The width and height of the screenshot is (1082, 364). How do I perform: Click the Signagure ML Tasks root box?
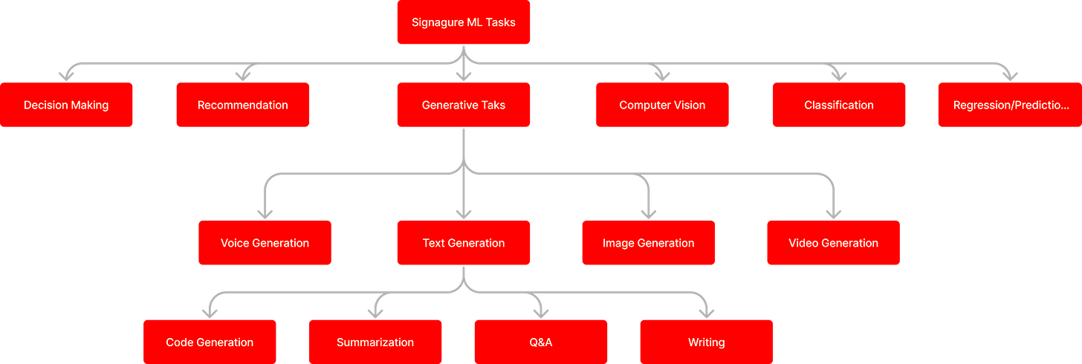coord(463,22)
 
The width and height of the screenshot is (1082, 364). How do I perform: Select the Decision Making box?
coord(66,105)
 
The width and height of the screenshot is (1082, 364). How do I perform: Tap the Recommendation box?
coord(242,105)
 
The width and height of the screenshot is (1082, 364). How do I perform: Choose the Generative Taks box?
coord(463,105)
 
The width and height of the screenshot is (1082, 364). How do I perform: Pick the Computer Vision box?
coord(662,105)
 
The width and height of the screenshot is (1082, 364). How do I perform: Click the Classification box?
coord(838,105)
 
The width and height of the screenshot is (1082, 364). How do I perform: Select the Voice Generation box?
coord(265,243)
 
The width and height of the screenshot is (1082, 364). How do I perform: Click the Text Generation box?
coord(463,243)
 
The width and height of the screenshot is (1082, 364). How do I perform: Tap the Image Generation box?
coord(648,243)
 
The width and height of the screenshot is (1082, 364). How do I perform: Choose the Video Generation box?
coord(833,243)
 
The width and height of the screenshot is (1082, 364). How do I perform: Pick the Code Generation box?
coord(210,342)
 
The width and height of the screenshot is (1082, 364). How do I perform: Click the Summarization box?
coord(375,342)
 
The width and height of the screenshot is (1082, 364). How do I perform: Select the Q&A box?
coord(540,342)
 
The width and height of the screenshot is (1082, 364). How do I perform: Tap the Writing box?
coord(706,342)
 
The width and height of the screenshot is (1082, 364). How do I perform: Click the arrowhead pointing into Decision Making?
coord(66,74)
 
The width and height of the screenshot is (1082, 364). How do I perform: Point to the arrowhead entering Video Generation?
coord(833,212)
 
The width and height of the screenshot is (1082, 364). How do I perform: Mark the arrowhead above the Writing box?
coord(706,312)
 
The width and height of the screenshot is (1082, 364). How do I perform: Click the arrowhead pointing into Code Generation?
coord(210,312)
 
